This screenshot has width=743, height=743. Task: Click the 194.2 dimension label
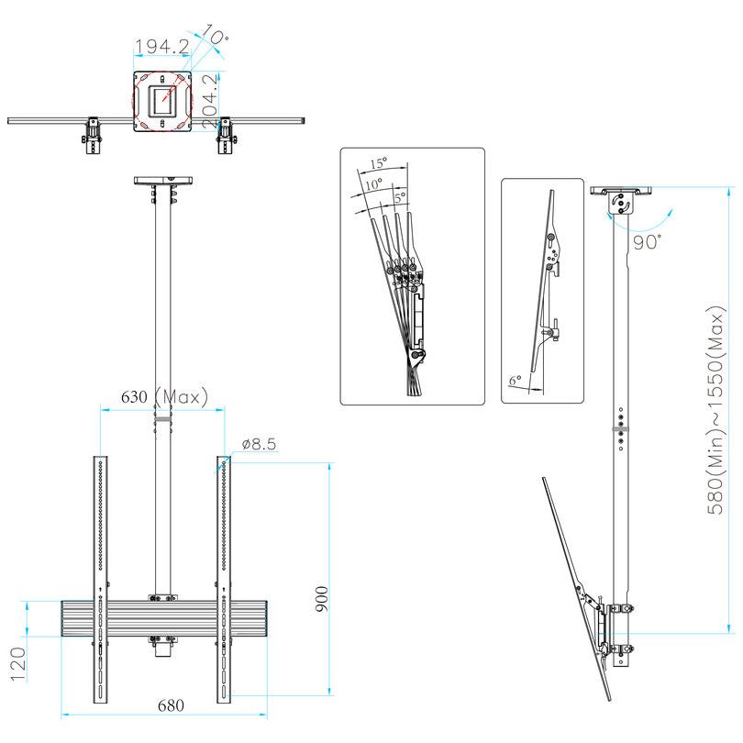[161, 46]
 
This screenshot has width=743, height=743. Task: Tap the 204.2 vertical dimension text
[210, 100]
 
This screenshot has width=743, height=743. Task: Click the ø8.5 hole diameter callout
[259, 444]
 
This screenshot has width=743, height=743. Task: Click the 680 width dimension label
[171, 705]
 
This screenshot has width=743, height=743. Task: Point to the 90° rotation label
[648, 242]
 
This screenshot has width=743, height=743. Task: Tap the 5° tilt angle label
[399, 195]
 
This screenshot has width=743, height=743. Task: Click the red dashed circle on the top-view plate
[163, 100]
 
